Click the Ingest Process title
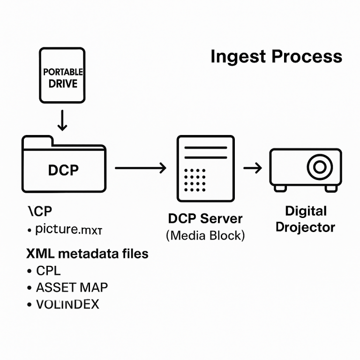276,57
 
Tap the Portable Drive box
62,75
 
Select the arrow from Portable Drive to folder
62,120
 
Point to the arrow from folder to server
140,167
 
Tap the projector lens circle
320,166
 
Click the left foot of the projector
280,187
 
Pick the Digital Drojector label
305,219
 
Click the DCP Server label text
205,218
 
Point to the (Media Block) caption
205,235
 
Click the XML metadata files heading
87,254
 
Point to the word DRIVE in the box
63,84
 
